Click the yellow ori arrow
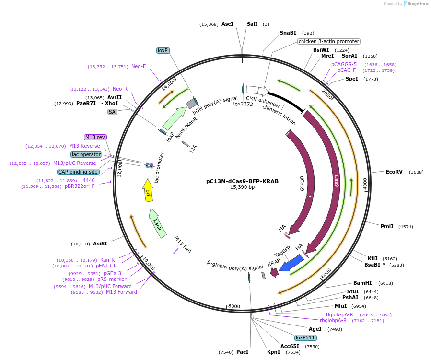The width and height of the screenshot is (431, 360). pos(148,190)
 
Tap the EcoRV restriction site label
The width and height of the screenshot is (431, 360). pos(394,172)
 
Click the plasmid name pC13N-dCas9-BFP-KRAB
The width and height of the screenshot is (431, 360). pos(242,181)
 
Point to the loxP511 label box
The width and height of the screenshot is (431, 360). pos(305,337)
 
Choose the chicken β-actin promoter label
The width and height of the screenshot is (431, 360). pos(329,41)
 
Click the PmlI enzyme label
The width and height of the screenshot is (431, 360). pos(387,226)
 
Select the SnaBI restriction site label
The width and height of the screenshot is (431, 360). pos(288,33)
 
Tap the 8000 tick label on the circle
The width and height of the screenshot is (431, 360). pos(234,306)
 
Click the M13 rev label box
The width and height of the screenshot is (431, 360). pos(95,137)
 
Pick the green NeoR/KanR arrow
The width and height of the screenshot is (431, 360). pos(174,118)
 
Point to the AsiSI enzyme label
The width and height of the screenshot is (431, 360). pos(100,244)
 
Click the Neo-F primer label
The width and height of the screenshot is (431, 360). pos(138,66)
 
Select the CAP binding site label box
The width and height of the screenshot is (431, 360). pos(78,172)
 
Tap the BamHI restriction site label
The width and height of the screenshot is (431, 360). pos(362,283)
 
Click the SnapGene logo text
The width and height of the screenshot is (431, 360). pos(418,3)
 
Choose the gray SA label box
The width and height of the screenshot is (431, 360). pos(112,112)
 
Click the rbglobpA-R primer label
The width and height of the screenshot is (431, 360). pos(333,320)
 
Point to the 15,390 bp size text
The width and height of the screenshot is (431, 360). pos(242,187)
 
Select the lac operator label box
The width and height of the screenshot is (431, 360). pos(86,154)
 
